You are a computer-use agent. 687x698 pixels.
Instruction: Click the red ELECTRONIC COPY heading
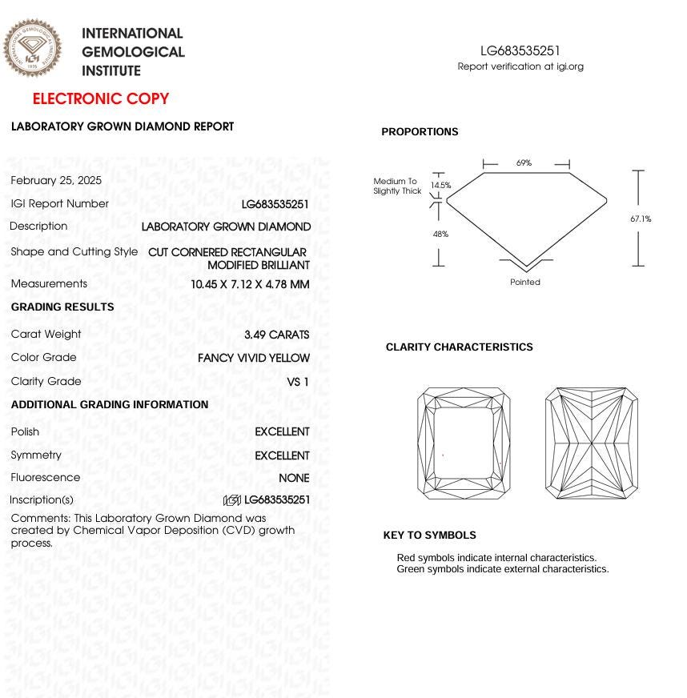101,99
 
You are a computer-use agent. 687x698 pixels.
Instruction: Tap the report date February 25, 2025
56,180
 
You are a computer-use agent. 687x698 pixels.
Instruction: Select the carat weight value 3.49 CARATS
276,335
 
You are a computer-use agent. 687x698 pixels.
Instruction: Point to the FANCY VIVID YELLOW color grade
253,358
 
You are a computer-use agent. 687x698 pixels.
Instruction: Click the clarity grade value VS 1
298,382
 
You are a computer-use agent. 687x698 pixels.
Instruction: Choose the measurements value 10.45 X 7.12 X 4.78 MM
250,284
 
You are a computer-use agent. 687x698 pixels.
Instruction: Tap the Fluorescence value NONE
294,478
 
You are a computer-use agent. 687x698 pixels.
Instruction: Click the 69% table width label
524,163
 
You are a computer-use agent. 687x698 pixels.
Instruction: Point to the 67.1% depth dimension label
641,219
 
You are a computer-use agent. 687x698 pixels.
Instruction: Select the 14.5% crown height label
440,186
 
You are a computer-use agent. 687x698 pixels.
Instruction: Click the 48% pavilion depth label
440,235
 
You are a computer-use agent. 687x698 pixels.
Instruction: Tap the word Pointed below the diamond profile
525,282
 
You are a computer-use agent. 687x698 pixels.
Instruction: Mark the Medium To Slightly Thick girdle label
396,187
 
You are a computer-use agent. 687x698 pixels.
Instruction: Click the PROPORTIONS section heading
420,132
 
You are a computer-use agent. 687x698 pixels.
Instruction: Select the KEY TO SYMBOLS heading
429,536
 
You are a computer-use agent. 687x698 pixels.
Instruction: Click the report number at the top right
520,51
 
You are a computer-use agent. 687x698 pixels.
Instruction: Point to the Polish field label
25,431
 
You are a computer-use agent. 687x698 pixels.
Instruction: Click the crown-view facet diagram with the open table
464,443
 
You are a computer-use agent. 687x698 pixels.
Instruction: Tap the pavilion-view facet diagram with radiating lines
591,443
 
